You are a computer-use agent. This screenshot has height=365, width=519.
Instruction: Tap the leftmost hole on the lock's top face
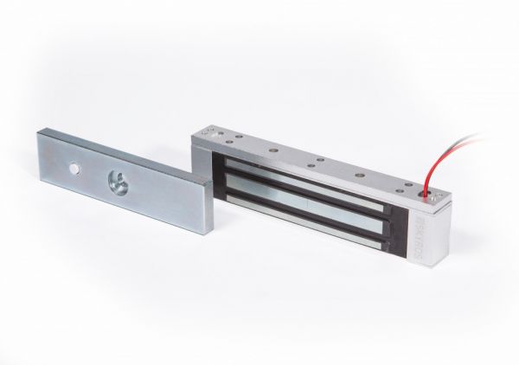(x=208, y=129)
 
